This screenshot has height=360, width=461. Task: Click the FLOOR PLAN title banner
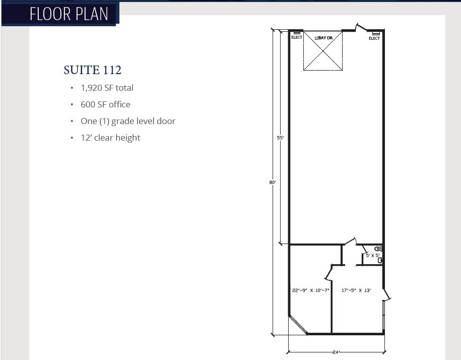(69, 14)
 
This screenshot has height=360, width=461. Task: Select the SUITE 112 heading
(93, 70)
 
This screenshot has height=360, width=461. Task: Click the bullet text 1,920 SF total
(107, 88)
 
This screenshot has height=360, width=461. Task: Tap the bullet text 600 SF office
(105, 104)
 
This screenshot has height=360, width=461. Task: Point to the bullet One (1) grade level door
(128, 121)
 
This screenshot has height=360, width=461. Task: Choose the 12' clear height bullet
(110, 138)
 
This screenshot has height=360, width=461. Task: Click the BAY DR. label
(324, 38)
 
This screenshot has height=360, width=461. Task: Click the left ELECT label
(297, 37)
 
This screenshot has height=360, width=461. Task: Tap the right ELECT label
(374, 38)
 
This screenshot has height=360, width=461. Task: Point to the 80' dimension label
(272, 183)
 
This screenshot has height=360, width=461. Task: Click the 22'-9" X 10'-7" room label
(310, 290)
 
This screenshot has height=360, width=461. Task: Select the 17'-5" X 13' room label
(356, 290)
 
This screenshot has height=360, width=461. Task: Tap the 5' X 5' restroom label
(372, 256)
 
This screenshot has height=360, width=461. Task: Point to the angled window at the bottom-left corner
(298, 325)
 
